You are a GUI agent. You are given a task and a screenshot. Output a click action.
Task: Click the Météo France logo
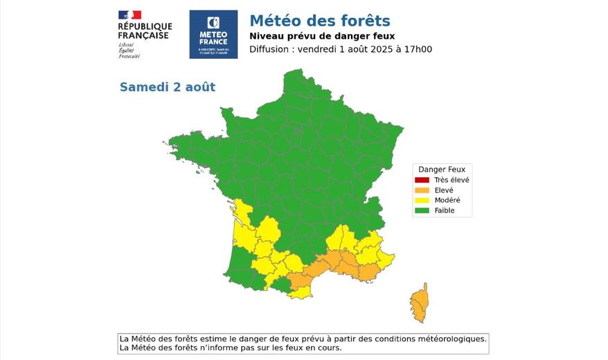pyautogui.click(x=213, y=34)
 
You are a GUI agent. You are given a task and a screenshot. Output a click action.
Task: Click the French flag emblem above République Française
pyautogui.click(x=129, y=15)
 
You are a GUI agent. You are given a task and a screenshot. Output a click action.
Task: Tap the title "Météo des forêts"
pyautogui.click(x=319, y=21)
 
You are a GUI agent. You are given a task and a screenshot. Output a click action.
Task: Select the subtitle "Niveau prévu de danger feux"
pyautogui.click(x=321, y=36)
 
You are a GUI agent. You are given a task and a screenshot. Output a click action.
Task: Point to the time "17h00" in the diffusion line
pyautogui.click(x=418, y=49)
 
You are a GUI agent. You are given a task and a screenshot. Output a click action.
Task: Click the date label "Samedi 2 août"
pyautogui.click(x=167, y=87)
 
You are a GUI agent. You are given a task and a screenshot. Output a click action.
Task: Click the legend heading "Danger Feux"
pyautogui.click(x=441, y=169)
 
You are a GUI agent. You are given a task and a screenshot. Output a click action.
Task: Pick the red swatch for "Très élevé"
pyautogui.click(x=422, y=180)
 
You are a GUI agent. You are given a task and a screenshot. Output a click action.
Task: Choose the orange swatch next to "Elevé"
pyautogui.click(x=422, y=190)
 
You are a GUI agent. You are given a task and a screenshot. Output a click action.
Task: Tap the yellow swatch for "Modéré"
pyautogui.click(x=422, y=200)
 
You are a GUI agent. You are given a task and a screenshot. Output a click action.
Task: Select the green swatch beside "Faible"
pyautogui.click(x=422, y=210)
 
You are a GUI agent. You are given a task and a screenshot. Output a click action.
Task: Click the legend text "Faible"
pyautogui.click(x=444, y=210)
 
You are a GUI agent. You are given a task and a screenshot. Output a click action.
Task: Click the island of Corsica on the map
pyautogui.click(x=419, y=303)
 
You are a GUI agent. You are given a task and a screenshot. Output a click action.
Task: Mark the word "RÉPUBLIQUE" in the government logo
pyautogui.click(x=145, y=26)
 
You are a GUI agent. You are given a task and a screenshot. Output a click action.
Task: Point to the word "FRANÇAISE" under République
pyautogui.click(x=143, y=35)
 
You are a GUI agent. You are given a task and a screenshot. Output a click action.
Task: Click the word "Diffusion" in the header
pyautogui.click(x=271, y=49)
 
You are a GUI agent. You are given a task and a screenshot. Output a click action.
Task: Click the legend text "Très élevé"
pyautogui.click(x=451, y=180)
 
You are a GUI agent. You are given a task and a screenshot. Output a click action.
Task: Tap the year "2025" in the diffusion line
pyautogui.click(x=384, y=49)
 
